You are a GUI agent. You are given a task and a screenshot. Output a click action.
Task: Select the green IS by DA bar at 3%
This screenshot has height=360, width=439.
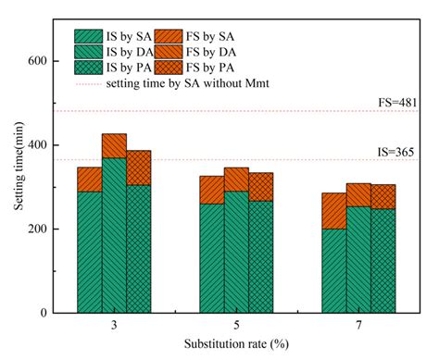point(114,235)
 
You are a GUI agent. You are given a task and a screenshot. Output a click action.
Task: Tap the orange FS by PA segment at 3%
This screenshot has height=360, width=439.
point(138,168)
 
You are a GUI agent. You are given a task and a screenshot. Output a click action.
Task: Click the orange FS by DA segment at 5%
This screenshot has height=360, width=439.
point(236,180)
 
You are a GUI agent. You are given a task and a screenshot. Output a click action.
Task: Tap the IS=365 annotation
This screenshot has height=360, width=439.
point(408,150)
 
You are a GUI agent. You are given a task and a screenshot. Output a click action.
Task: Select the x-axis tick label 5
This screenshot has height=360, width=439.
point(236,327)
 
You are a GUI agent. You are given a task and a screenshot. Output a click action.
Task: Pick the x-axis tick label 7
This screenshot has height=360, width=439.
point(357,327)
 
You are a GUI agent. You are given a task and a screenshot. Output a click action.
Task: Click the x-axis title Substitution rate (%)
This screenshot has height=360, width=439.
point(236,346)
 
